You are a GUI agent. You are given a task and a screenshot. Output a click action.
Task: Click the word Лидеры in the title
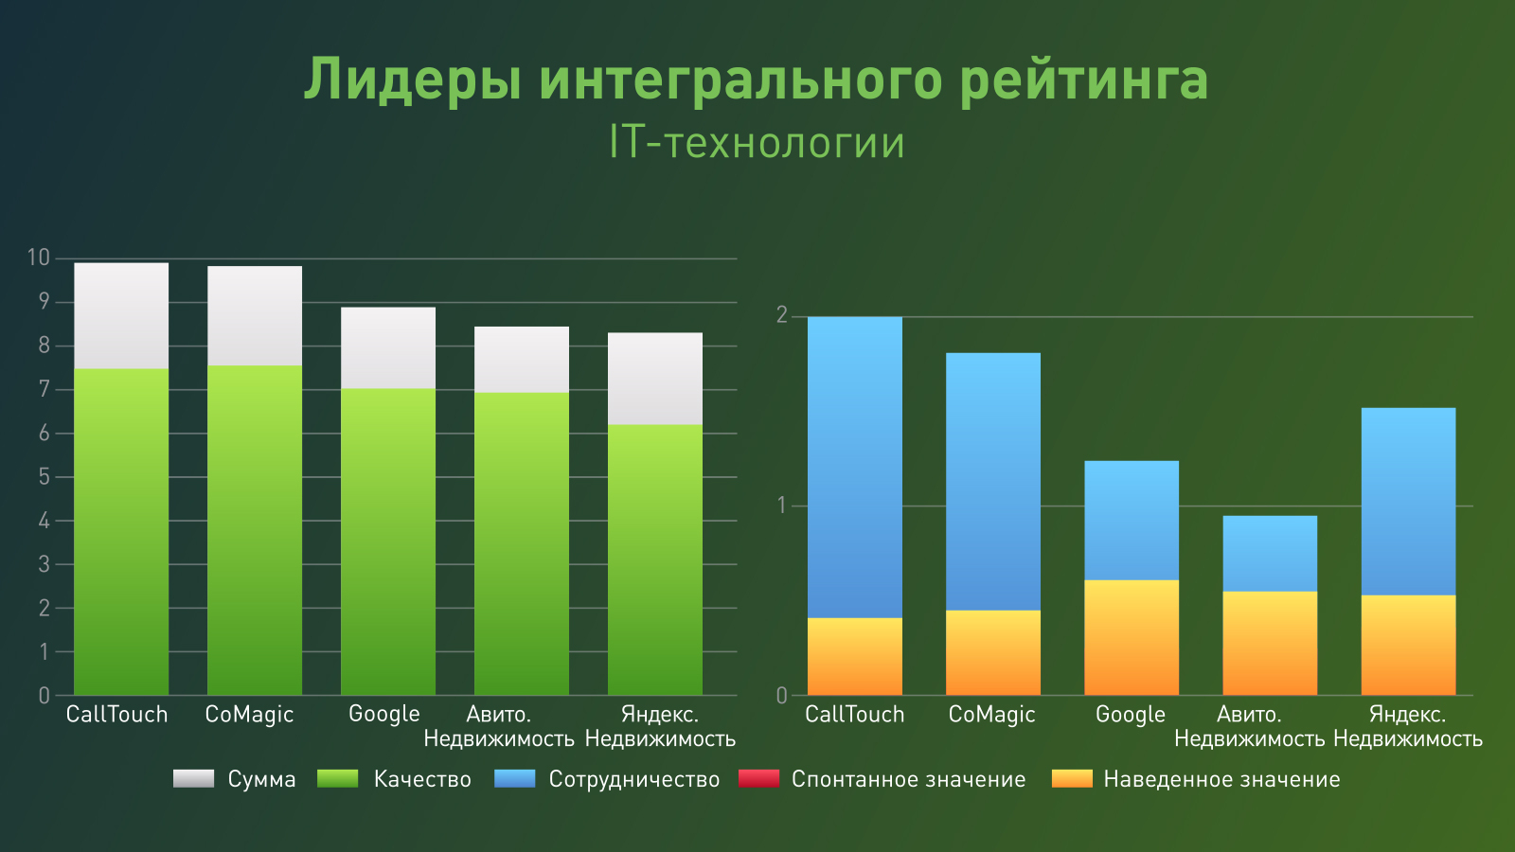[x=411, y=80]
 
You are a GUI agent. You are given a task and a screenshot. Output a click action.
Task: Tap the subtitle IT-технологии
[x=757, y=143]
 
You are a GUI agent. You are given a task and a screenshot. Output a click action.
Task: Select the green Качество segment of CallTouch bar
[x=121, y=530]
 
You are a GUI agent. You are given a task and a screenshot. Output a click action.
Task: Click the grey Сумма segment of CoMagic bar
[x=255, y=315]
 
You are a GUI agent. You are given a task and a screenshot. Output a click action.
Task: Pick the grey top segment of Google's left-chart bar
[x=388, y=347]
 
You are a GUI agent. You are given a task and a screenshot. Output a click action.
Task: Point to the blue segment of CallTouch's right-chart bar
[x=854, y=467]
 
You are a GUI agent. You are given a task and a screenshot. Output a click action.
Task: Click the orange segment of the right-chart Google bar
[x=1132, y=637]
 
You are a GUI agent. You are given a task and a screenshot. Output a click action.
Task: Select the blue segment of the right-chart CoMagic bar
[x=992, y=481]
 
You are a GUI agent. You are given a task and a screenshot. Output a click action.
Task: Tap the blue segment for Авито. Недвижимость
[x=1270, y=554]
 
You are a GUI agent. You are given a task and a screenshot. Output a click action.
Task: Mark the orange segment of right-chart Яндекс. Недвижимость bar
[x=1408, y=645]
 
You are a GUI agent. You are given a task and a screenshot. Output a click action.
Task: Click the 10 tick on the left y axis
[x=38, y=257]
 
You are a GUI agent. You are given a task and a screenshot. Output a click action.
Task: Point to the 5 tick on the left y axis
[x=44, y=476]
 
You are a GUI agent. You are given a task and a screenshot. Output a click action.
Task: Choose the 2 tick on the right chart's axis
[x=781, y=315]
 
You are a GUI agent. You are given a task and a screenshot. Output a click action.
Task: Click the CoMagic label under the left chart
[x=249, y=715]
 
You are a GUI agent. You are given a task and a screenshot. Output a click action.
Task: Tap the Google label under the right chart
[x=1131, y=715]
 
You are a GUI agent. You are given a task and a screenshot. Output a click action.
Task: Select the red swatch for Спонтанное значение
[x=758, y=779]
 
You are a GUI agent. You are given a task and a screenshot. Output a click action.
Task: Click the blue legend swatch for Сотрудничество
[x=515, y=779]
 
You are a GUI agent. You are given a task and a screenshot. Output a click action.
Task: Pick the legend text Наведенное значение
[x=1221, y=779]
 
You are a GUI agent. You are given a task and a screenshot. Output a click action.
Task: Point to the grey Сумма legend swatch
[x=194, y=779]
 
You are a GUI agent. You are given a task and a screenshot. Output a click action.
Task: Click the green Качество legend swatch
[x=338, y=779]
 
